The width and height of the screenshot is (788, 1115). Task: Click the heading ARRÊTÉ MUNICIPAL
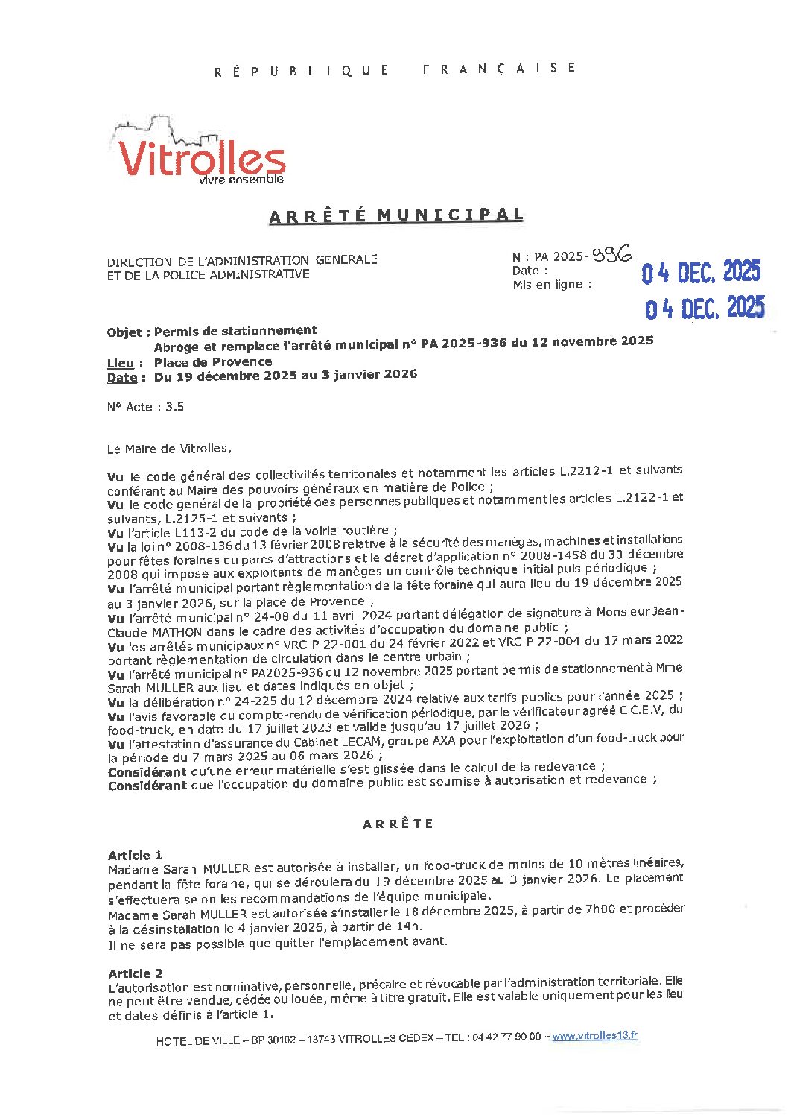[x=395, y=215]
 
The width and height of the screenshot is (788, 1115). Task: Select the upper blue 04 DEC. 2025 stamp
[x=701, y=273]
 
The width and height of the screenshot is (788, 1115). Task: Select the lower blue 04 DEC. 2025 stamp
[x=705, y=307]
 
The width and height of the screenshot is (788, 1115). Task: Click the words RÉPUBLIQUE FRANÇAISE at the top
[x=395, y=69]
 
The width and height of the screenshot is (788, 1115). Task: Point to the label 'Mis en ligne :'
[x=552, y=285]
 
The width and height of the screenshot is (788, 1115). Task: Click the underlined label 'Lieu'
[x=121, y=363]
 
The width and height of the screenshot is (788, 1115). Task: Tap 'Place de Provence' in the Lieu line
[x=213, y=362]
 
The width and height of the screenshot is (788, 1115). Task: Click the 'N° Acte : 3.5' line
[x=145, y=407]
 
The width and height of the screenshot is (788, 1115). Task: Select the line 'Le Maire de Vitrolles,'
[x=169, y=449]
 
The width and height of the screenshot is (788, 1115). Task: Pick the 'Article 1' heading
[x=135, y=855]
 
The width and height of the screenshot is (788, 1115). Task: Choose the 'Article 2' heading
[x=136, y=973]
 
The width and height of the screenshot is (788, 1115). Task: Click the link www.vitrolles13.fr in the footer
[x=594, y=1036]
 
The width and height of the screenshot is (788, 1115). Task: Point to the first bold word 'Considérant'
[x=147, y=771]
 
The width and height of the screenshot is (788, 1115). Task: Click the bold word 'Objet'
[x=124, y=332]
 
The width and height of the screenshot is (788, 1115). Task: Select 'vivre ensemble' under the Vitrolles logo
[x=241, y=180]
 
